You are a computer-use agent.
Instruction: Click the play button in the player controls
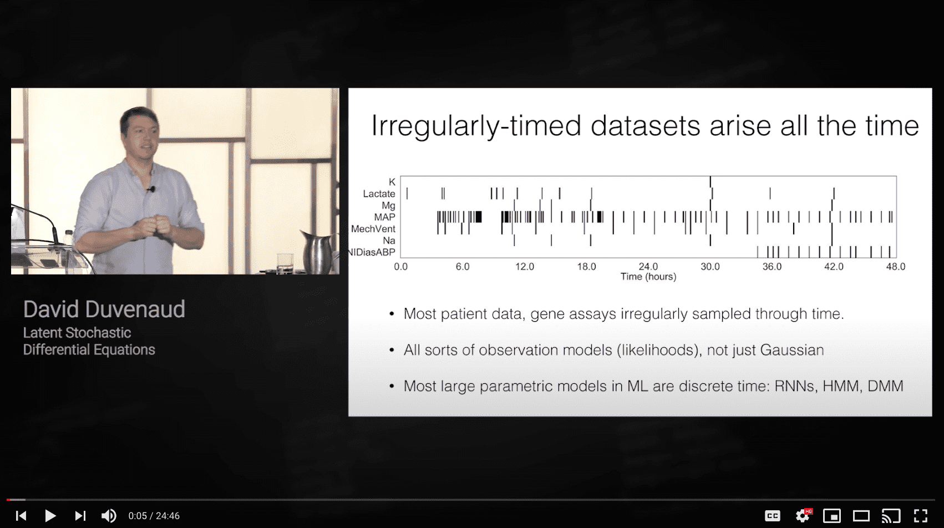[x=50, y=516]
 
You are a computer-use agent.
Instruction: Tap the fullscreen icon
[x=921, y=516]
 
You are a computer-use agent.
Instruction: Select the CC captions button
[x=773, y=516]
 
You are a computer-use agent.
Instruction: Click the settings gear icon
[x=803, y=516]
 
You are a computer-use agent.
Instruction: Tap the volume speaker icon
[x=109, y=516]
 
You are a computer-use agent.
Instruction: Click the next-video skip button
[x=80, y=516]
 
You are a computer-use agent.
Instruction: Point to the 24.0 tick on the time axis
[x=648, y=267]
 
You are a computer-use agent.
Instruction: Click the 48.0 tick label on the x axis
[x=895, y=267]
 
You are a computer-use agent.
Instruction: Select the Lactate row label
[x=379, y=194]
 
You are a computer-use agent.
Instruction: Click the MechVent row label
[x=373, y=229]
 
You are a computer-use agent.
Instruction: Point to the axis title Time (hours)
[x=648, y=277]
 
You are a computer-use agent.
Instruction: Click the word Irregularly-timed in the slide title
[x=477, y=126]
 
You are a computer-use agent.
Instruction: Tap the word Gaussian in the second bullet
[x=791, y=350]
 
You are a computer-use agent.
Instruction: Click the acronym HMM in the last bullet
[x=840, y=386]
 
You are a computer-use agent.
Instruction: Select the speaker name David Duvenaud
[x=104, y=309]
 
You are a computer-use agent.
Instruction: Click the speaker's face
[x=140, y=135]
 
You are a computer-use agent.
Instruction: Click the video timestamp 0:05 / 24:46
[x=154, y=516]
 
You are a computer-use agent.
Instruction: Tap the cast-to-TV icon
[x=891, y=516]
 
